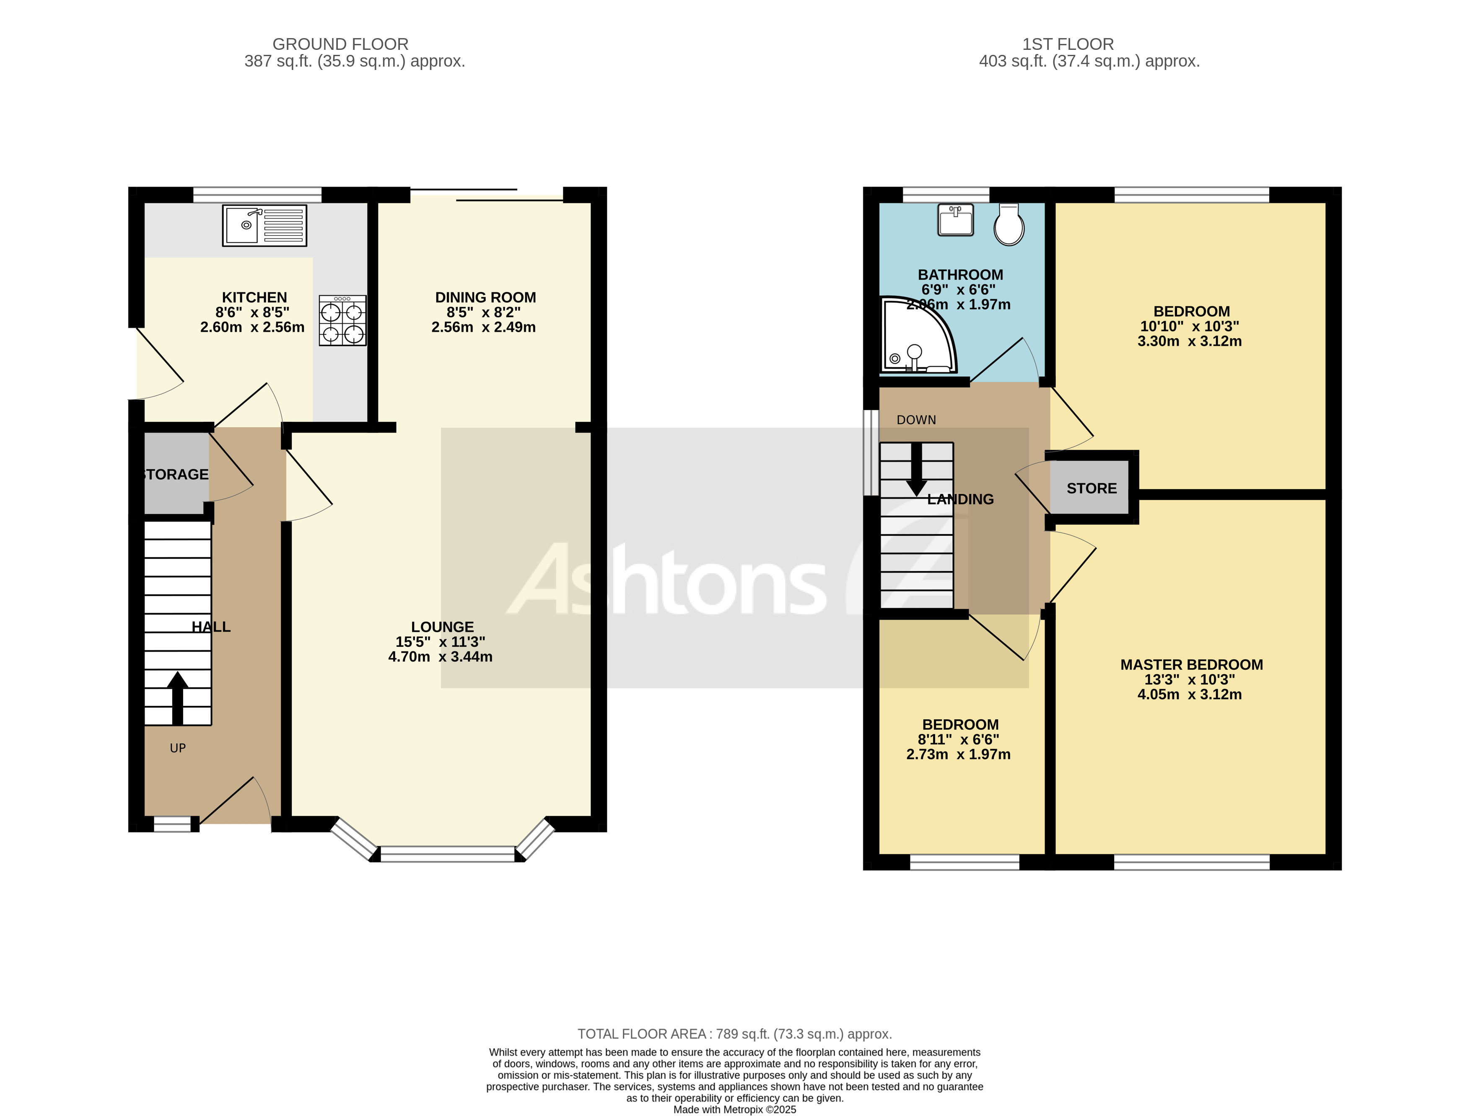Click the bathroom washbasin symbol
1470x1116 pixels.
click(x=956, y=220)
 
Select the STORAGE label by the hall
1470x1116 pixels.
click(x=176, y=474)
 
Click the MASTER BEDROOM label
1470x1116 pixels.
click(x=1191, y=665)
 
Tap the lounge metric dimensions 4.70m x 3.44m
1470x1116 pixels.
click(x=440, y=657)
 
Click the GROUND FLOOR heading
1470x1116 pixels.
click(x=340, y=44)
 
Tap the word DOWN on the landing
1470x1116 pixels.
click(x=916, y=420)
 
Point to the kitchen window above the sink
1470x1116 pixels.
click(x=257, y=195)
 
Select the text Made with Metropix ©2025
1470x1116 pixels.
click(x=734, y=1109)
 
